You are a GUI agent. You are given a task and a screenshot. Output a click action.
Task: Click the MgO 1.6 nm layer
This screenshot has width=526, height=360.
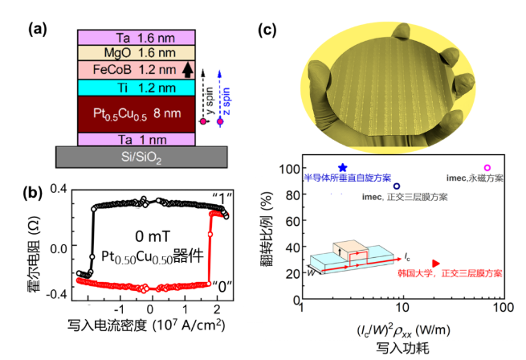[136, 53]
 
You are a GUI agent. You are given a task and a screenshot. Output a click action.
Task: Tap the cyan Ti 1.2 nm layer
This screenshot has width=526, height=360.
[136, 87]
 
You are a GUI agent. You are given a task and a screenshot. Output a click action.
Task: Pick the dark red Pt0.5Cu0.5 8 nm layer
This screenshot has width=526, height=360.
[136, 114]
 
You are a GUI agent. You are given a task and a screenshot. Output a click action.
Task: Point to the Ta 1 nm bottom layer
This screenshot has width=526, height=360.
[136, 139]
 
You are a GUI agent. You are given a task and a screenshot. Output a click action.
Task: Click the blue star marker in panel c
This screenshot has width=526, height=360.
[343, 168]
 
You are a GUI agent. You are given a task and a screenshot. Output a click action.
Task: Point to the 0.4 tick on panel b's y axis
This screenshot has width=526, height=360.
[58, 188]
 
